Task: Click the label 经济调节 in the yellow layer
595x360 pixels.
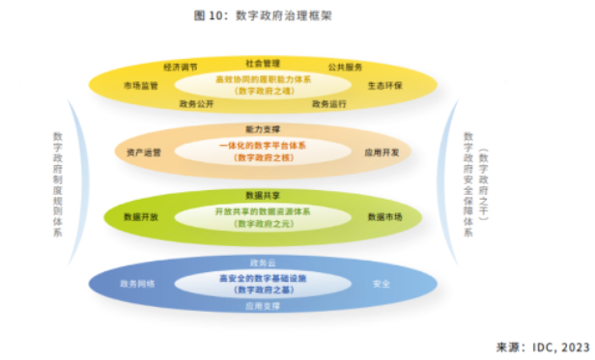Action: [x=181, y=68]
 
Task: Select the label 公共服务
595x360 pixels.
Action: [x=345, y=68]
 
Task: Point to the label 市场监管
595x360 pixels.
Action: [x=141, y=85]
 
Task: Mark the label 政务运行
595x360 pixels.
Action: [x=330, y=102]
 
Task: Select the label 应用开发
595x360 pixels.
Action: [x=381, y=152]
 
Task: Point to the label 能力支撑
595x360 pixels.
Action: [x=262, y=128]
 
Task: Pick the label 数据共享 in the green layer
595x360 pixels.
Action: [x=262, y=193]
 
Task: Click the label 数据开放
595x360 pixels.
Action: [x=141, y=217]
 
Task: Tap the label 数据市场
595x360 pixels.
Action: [x=384, y=217]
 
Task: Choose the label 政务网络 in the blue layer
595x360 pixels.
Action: [x=137, y=284]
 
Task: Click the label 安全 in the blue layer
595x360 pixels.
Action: [x=382, y=284]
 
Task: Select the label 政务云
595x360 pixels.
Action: [x=262, y=262]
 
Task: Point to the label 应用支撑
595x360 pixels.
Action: [x=262, y=305]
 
